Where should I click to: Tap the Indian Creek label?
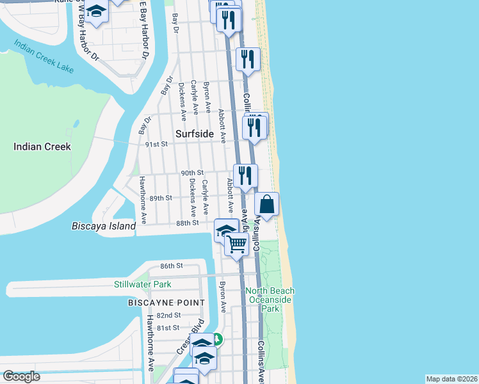coord(42,147)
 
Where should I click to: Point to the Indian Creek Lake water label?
coord(44,56)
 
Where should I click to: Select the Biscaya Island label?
coord(104,226)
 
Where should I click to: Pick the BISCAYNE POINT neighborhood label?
coord(166,302)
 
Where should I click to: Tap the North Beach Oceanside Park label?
coord(270,300)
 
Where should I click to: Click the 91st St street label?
coord(156,144)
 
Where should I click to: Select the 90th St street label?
coord(191,173)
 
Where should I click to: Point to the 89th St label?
coord(161,198)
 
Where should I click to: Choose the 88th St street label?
coord(188,223)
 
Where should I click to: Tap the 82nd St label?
coord(168,316)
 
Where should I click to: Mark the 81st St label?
coord(168,328)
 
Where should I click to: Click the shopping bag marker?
coord(267,205)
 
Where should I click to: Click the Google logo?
coord(21,376)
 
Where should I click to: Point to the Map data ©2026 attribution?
coord(451,379)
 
